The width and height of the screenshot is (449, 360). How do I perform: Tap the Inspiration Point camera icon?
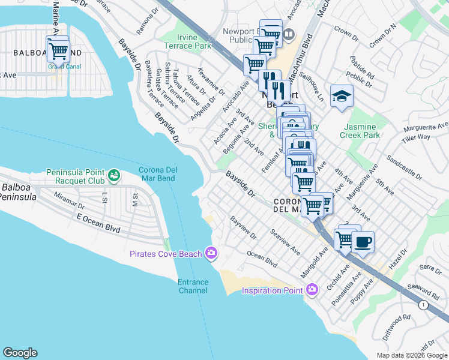coord(312,290)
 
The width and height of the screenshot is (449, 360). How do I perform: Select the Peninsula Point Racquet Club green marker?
coord(114,176)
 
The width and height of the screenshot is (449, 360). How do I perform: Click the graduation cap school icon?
coord(342,97)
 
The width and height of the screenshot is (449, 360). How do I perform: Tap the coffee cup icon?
coord(363,242)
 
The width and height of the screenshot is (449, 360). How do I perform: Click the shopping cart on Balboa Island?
coord(58,50)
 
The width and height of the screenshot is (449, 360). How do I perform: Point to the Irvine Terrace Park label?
coord(188,41)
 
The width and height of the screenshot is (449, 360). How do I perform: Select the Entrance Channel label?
coord(193,286)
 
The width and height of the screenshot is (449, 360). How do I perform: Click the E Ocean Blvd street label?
coord(98,223)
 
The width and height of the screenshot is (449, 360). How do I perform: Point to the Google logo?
coord(20,353)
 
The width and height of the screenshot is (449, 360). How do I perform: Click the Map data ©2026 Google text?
coord(411,355)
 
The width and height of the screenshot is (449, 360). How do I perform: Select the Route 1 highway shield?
coord(425,306)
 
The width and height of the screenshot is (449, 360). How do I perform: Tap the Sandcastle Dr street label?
coord(405,167)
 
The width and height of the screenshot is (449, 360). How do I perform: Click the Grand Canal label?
coord(60,67)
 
